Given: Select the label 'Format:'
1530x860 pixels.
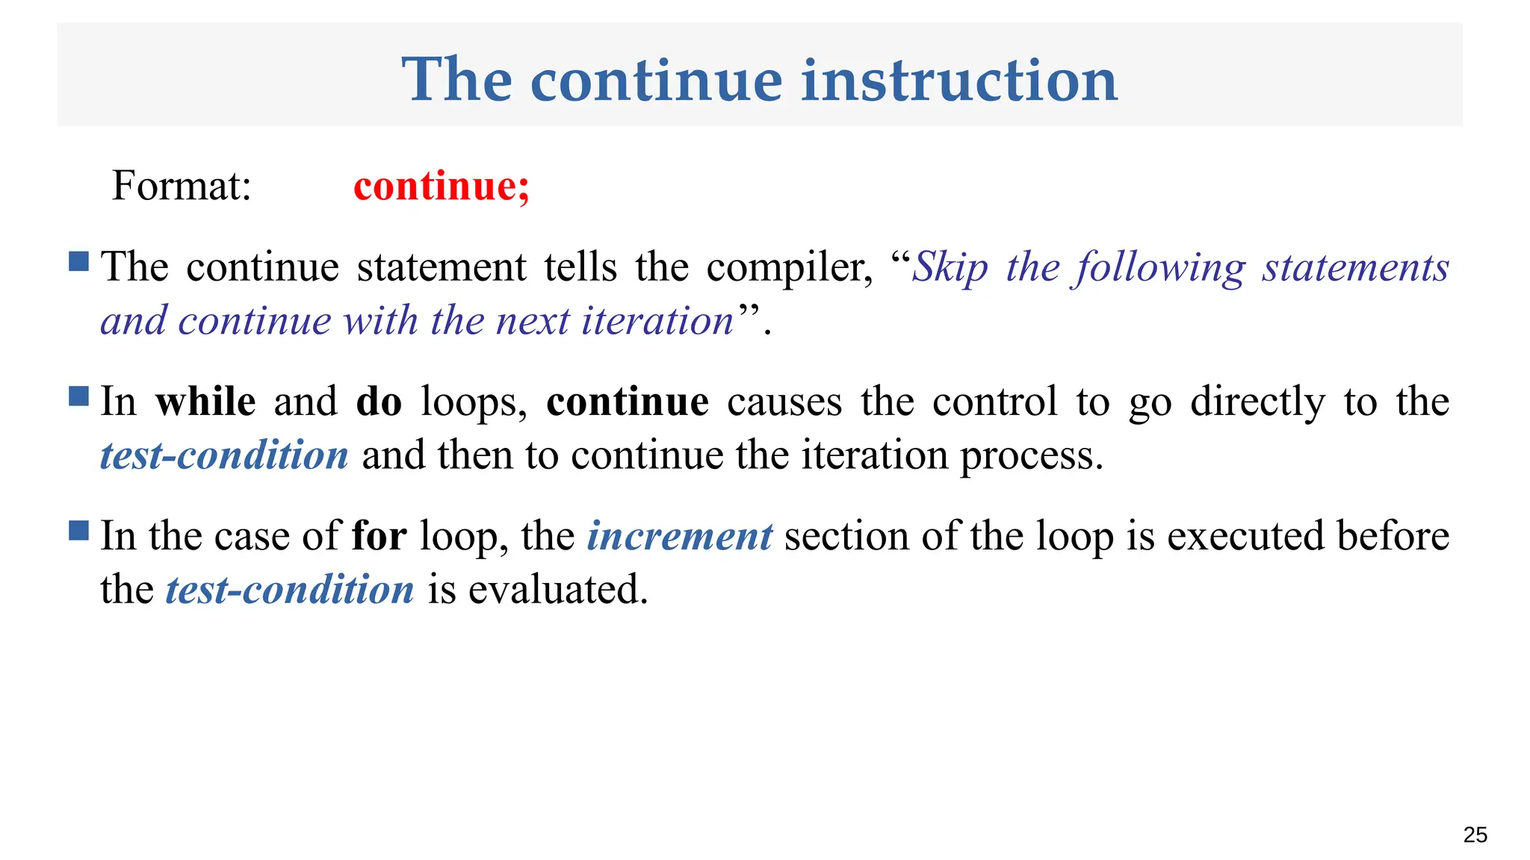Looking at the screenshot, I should [182, 185].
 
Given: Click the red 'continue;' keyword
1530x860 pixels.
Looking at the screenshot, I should [442, 185].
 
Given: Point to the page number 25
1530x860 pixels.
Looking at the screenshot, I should [1475, 835].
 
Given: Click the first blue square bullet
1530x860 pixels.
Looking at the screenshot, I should [78, 261].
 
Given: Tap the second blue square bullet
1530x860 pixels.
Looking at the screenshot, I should [78, 396].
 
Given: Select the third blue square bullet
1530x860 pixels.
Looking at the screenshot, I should [78, 530].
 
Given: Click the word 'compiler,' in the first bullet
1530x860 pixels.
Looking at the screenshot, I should [790, 267].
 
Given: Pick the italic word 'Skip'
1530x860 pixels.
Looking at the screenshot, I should [950, 267].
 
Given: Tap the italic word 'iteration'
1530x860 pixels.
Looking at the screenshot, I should [657, 321].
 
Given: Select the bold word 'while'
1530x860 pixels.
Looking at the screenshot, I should [205, 402].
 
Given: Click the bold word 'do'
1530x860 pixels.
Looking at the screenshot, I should [379, 402].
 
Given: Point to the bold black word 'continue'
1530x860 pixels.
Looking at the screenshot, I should [628, 402].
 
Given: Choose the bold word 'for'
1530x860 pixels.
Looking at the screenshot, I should [380, 536].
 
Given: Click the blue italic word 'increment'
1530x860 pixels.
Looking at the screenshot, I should [679, 536].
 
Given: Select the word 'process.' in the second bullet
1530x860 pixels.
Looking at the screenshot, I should [1032, 455].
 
